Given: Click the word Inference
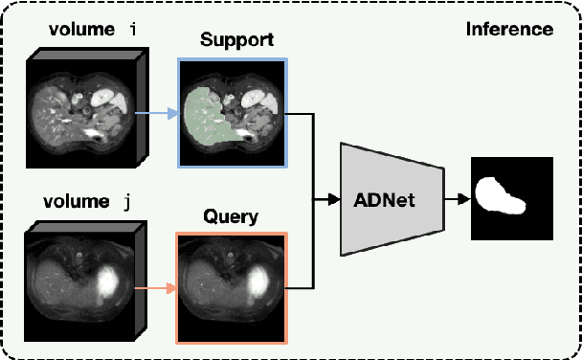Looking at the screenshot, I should click(509, 29).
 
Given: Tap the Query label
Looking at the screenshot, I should click(231, 216).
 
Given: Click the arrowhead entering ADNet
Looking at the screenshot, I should click(333, 199).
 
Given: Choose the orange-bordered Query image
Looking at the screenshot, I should click(231, 285).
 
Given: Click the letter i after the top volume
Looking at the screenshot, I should click(133, 29).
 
